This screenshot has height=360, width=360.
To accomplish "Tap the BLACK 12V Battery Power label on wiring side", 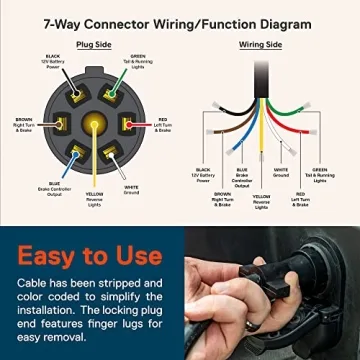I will (x=207, y=177).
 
